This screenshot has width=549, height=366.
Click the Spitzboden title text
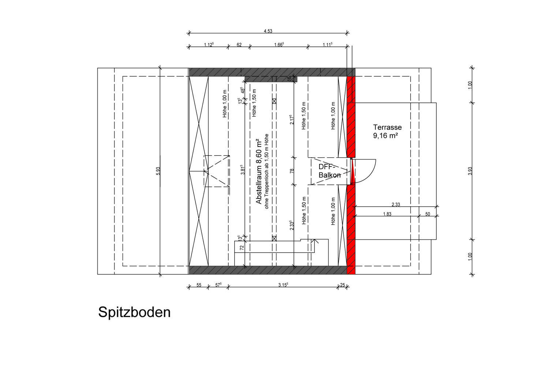(134, 312)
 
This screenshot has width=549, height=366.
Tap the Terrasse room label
(387, 127)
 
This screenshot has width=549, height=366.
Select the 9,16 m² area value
(385, 136)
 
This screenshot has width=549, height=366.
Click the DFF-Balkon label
(329, 171)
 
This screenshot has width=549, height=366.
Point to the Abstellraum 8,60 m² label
(259, 171)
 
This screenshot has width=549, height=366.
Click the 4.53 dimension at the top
(268, 31)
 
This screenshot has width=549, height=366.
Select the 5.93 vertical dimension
(158, 171)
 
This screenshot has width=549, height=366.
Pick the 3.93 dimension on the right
(470, 171)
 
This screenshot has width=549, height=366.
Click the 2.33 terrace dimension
(396, 205)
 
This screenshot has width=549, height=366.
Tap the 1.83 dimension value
(387, 214)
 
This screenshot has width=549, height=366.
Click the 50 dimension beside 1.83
(428, 214)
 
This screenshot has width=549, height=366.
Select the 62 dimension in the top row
(239, 45)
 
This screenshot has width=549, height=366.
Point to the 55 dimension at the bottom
(199, 285)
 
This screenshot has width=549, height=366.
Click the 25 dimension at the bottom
(343, 285)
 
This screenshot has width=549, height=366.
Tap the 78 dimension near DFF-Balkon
(292, 171)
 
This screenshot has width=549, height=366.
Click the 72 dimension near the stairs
(242, 248)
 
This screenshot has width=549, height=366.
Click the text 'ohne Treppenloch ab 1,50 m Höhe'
(267, 171)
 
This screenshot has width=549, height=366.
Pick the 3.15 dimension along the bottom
(283, 285)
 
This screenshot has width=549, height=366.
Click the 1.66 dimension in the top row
(279, 45)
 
